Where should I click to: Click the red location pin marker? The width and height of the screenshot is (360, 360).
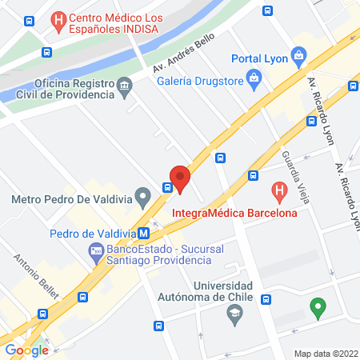(180, 178)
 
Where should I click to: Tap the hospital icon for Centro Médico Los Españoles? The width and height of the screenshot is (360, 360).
(58, 19)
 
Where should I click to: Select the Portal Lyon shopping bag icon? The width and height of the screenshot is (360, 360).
(299, 57)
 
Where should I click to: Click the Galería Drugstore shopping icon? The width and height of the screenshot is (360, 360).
(254, 77)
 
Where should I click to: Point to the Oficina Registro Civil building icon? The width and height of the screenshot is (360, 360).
(124, 85)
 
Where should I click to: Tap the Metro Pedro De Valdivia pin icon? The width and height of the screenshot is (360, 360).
(143, 195)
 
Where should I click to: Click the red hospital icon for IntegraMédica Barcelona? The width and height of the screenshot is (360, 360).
(279, 192)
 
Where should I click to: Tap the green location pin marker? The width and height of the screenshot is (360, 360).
(318, 307)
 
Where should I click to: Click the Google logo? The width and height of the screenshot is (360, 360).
(26, 350)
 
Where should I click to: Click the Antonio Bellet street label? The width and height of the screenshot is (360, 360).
(37, 274)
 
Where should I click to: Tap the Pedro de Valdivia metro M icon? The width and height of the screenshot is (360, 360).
(143, 234)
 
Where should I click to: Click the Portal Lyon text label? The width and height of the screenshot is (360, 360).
(260, 58)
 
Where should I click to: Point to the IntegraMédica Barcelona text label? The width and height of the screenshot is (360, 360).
(234, 213)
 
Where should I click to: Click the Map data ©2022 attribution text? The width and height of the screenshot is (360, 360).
(326, 353)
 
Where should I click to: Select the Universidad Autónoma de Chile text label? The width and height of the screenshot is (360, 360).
(223, 291)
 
